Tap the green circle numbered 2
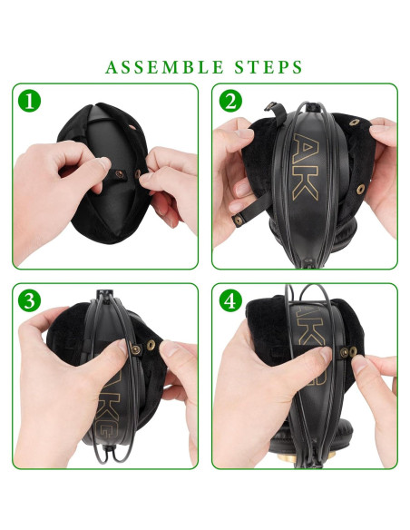coord(231,102)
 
